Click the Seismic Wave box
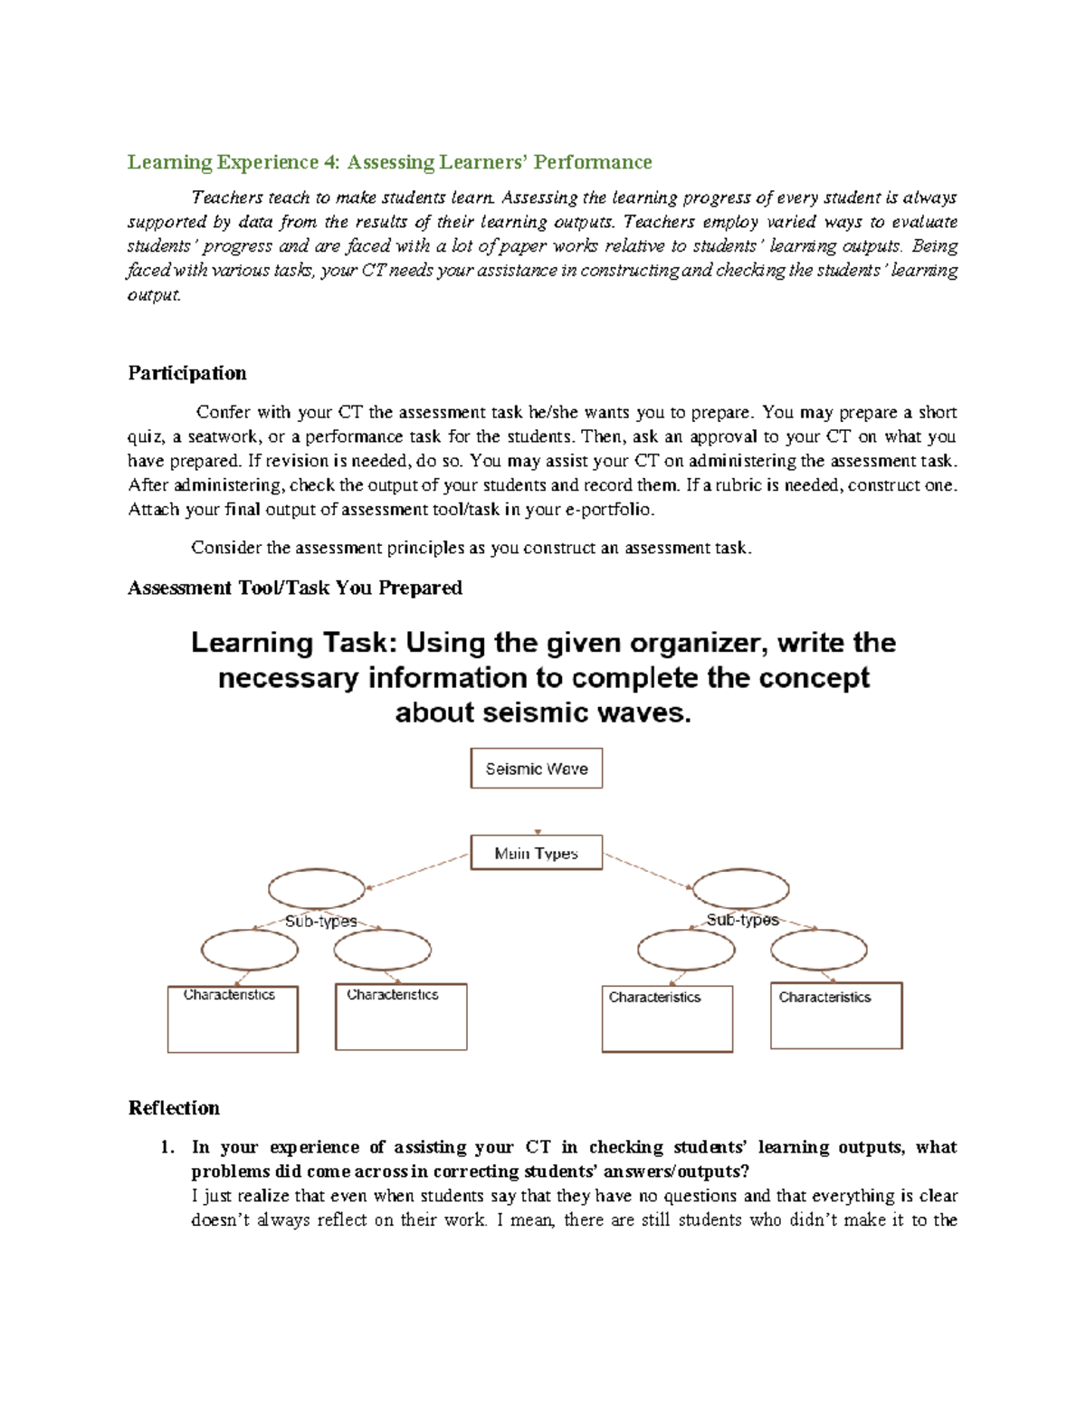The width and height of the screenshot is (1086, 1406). (x=536, y=769)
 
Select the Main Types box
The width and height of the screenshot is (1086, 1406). (x=536, y=853)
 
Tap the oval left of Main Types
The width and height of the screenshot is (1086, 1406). (x=317, y=889)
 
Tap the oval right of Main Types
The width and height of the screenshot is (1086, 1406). (x=740, y=889)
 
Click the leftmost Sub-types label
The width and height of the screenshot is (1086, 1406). (x=320, y=921)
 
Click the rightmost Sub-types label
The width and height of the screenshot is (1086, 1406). (x=742, y=920)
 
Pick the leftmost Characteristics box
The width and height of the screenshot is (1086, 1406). (x=233, y=1019)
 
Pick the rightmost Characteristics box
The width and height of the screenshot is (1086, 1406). (x=836, y=1016)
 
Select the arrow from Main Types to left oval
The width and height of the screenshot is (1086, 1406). (x=416, y=873)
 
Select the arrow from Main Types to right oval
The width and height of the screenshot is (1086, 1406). (x=648, y=871)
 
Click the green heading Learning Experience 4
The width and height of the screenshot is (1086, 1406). (x=389, y=162)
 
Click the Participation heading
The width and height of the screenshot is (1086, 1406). (x=186, y=373)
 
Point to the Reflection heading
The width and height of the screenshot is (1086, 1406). (x=174, y=1108)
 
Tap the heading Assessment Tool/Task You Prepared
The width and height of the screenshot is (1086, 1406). (x=295, y=588)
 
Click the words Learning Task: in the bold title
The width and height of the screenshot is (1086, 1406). (x=293, y=643)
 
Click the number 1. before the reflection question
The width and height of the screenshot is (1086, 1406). (x=167, y=1147)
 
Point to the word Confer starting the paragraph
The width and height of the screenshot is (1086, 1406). (x=223, y=413)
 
